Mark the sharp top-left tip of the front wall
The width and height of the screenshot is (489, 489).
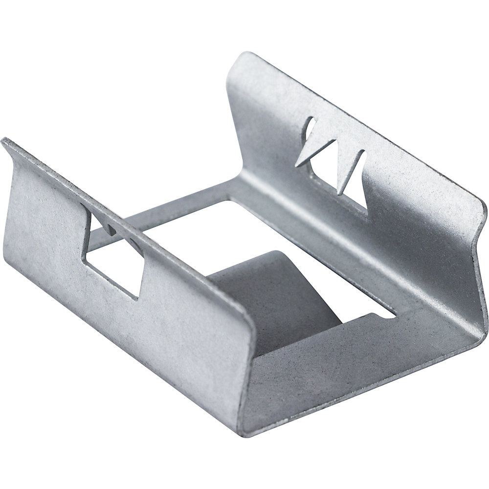pyautogui.click(x=4, y=140)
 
